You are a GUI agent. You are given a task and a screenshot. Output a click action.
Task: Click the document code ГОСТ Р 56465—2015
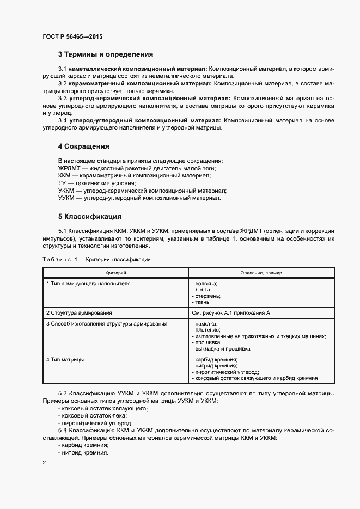click(x=72, y=36)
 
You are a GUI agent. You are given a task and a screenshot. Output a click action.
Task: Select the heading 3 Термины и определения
click(x=105, y=54)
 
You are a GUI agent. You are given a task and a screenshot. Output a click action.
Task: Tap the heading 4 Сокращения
click(x=83, y=146)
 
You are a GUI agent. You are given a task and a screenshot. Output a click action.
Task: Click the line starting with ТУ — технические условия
click(x=97, y=183)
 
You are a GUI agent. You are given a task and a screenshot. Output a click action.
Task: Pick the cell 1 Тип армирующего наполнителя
click(x=88, y=284)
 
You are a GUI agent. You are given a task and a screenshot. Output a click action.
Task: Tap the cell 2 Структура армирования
click(x=79, y=312)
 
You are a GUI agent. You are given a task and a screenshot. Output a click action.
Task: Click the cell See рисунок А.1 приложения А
click(x=231, y=312)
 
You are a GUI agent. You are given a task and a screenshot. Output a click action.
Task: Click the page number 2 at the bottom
click(x=44, y=462)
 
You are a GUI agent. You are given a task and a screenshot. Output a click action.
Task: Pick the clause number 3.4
click(x=62, y=120)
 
